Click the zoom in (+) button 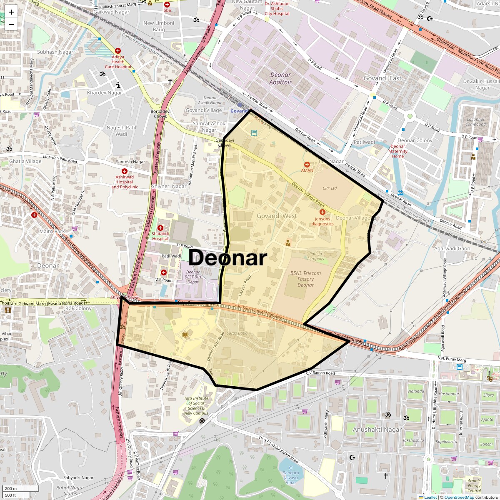click(11, 12)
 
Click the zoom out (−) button click(11, 24)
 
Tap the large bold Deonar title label click(227, 258)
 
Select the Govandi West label click(277, 216)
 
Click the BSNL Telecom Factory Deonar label click(306, 279)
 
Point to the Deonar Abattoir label click(280, 78)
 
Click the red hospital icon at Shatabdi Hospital click(160, 228)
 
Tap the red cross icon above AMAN click(307, 165)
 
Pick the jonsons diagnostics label click(322, 221)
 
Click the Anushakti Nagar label click(377, 429)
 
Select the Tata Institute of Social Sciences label click(196, 406)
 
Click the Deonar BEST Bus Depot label click(193, 277)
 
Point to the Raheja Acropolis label click(315, 256)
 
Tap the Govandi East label click(382, 78)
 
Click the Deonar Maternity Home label click(398, 151)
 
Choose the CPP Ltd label click(330, 188)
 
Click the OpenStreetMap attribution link click(459, 497)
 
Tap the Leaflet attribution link click(430, 497)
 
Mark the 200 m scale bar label click(11, 488)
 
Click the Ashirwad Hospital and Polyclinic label click(125, 182)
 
